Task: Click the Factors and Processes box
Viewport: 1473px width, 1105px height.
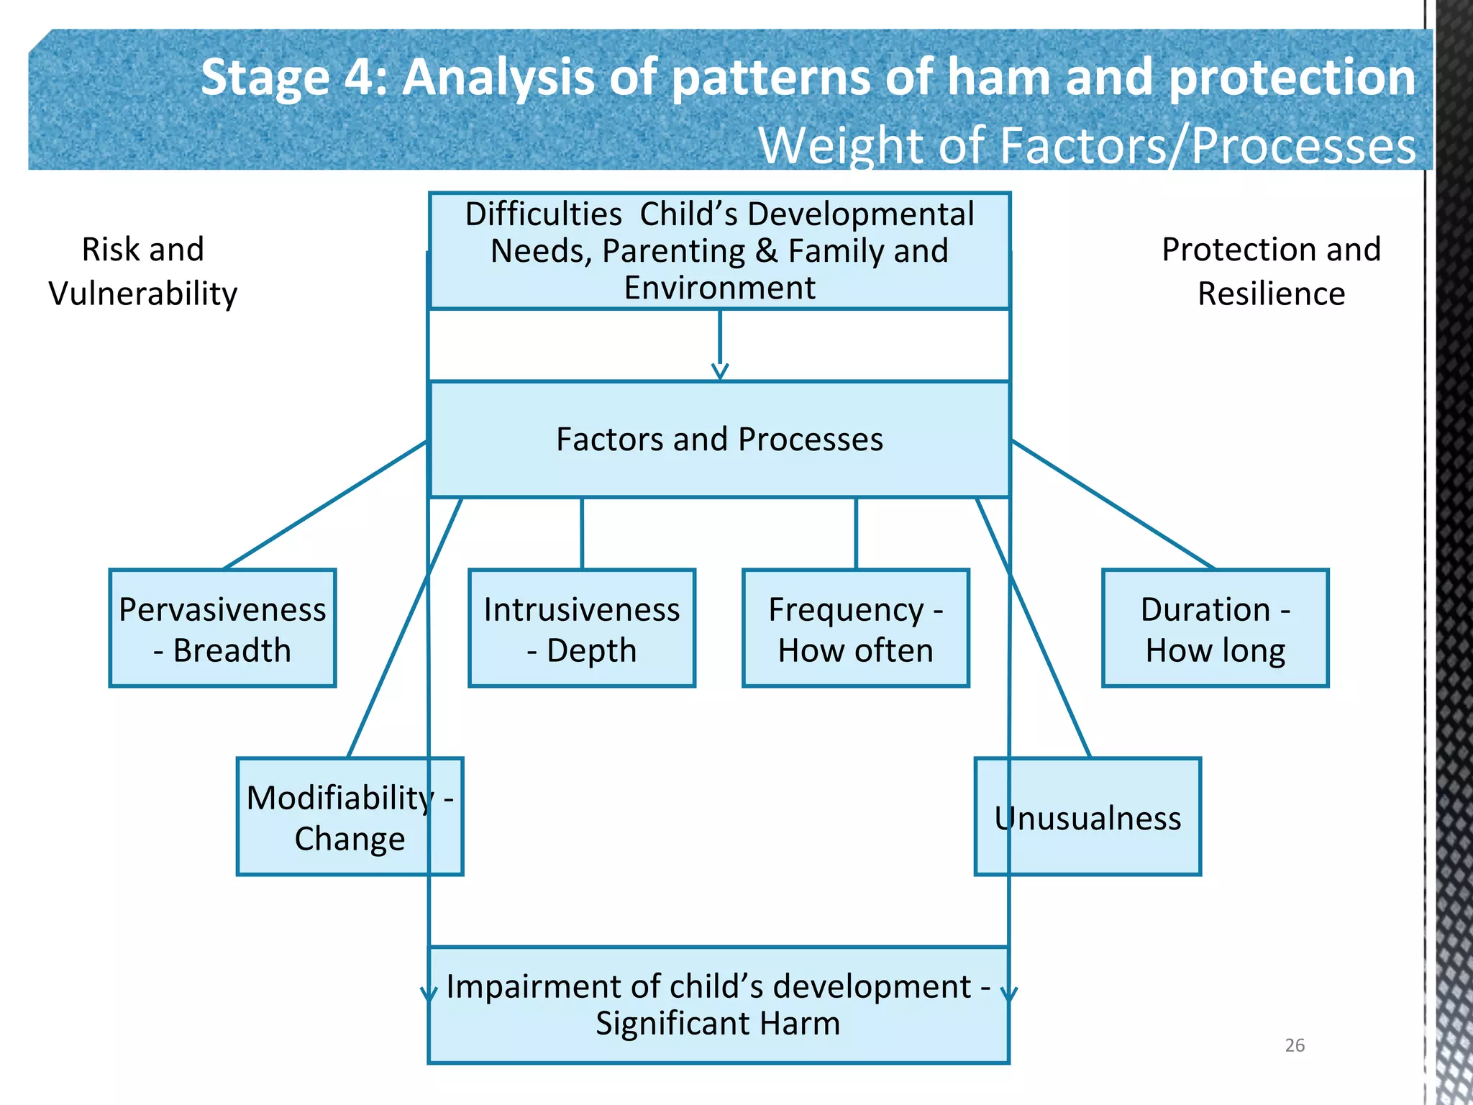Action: pos(719,439)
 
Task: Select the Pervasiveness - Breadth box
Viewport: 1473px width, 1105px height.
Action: pos(222,629)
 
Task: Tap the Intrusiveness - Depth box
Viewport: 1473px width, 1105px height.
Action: pos(581,629)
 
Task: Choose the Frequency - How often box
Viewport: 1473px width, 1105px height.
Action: pos(855,629)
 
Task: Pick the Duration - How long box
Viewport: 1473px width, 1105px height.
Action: pos(1215,629)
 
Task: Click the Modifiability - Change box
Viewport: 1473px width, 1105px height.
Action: pos(350,817)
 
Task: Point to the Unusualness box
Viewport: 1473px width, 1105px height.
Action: pos(1087,817)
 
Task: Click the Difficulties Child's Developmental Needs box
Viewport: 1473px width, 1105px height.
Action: pos(719,250)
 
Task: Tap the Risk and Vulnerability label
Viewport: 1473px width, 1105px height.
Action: pos(143,271)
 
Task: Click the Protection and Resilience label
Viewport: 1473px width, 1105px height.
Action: pos(1271,271)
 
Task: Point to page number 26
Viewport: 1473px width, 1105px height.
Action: pos(1295,1045)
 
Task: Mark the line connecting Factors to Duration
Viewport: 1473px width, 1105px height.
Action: pos(1113,506)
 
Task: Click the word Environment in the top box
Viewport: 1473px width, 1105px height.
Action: pos(719,288)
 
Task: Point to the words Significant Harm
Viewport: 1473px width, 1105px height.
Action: pos(718,1023)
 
